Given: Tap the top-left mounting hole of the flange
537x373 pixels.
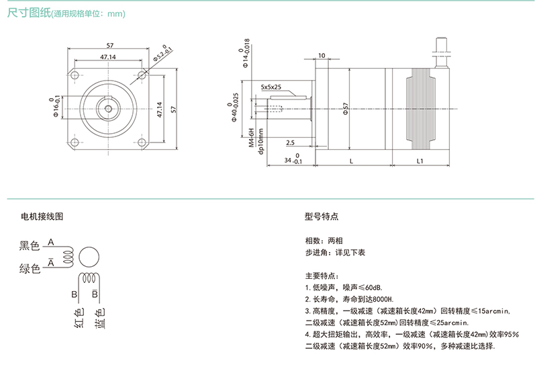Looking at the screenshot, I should [x=76, y=73].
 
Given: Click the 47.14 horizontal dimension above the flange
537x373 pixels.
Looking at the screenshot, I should [x=108, y=58].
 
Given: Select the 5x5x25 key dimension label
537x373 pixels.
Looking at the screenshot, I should [x=271, y=87].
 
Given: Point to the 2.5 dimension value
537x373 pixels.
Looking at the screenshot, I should [x=290, y=142].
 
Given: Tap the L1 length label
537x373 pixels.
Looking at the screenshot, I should [x=420, y=161].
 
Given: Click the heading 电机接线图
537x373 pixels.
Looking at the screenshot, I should [x=42, y=216].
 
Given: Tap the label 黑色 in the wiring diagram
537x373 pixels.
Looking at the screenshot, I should [x=30, y=246].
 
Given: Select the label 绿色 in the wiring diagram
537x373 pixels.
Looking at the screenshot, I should [x=30, y=269].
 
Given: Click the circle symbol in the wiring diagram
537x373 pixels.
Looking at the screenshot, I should [x=89, y=257].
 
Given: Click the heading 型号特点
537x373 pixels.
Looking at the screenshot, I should [x=321, y=216].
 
